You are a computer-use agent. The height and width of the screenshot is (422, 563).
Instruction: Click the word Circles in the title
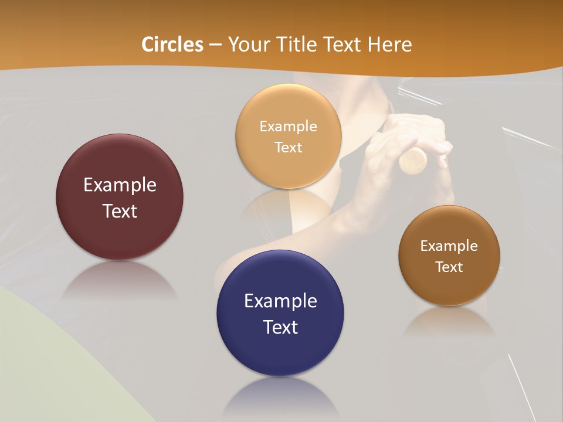[172, 45]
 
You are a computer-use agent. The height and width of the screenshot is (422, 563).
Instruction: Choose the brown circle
[449, 287]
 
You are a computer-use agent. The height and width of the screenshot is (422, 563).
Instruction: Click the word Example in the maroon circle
[120, 185]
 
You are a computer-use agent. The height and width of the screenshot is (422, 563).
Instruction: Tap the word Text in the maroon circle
[120, 211]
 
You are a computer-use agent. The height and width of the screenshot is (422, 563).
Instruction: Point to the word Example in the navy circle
[280, 301]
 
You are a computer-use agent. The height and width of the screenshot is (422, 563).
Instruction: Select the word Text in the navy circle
[280, 327]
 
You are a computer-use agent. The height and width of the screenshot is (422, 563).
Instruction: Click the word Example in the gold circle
[289, 127]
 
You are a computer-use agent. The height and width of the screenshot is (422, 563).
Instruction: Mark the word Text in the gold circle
[289, 147]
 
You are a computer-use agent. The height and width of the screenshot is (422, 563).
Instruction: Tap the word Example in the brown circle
[449, 246]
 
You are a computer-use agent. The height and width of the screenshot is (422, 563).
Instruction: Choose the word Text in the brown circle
[449, 267]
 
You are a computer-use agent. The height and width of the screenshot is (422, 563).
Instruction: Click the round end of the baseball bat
[414, 160]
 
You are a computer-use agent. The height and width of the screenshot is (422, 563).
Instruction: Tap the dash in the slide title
[215, 45]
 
